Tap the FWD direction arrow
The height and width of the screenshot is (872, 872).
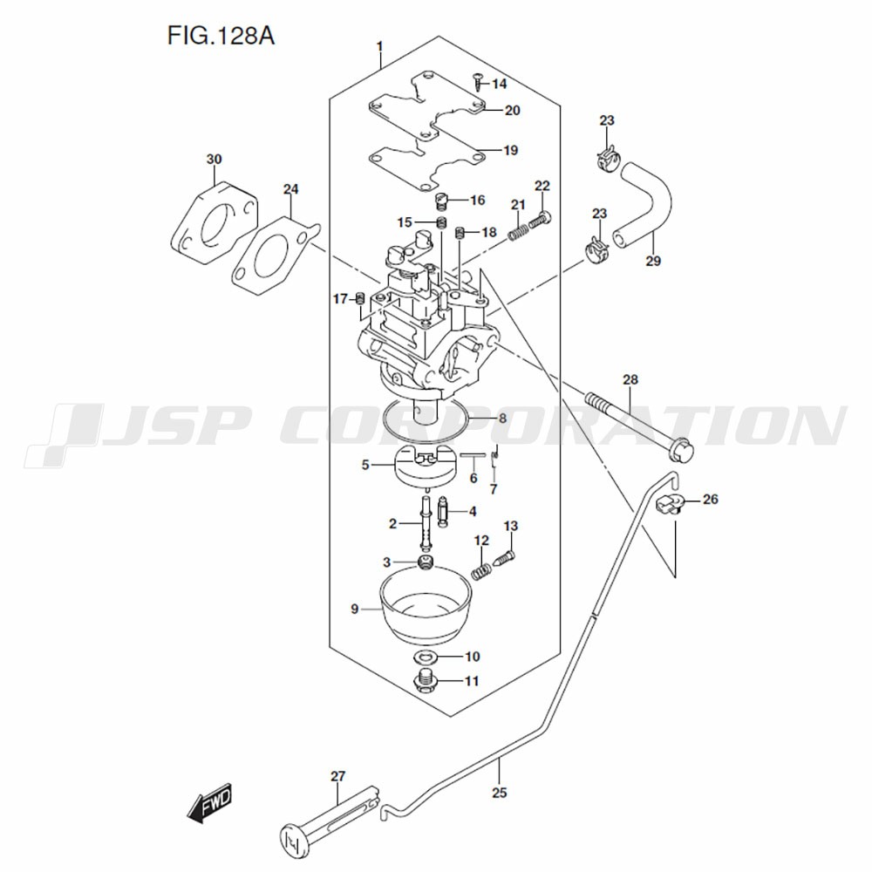tap(209, 803)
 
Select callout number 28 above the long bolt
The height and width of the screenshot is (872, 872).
tap(630, 379)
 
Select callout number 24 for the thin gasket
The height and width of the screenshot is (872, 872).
tap(290, 188)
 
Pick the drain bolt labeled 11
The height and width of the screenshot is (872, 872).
tap(426, 681)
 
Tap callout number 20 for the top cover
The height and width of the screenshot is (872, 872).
tap(511, 110)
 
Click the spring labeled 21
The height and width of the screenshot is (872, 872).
tap(521, 231)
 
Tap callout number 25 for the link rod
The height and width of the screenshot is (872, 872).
tap(499, 793)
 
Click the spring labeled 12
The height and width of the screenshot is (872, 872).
tap(480, 570)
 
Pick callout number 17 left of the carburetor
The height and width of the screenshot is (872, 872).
tap(340, 300)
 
